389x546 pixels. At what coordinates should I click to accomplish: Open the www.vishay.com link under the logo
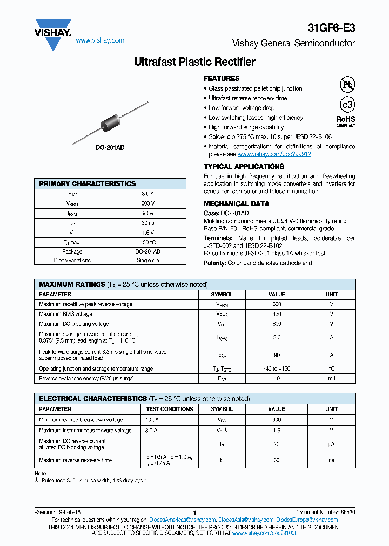[x=100, y=40]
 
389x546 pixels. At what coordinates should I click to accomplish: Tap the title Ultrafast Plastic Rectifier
[x=194, y=62]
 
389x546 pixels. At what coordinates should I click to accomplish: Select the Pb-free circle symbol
[x=346, y=84]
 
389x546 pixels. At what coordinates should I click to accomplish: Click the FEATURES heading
[x=222, y=78]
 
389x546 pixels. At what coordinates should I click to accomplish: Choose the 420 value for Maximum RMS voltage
[x=277, y=314]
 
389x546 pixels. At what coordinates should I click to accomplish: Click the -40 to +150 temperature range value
[x=277, y=369]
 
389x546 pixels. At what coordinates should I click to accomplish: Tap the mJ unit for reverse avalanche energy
[x=331, y=379]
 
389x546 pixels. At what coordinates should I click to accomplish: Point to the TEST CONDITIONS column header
[x=169, y=409]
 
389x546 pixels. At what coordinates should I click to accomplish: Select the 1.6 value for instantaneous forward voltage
[x=277, y=431]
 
